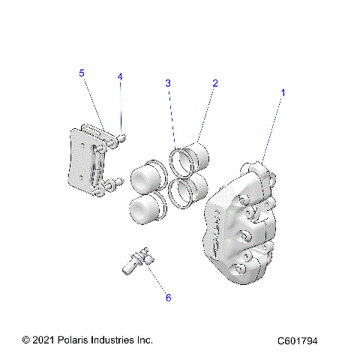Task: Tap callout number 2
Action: click(x=214, y=83)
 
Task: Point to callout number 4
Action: click(x=119, y=77)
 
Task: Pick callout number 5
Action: click(x=82, y=73)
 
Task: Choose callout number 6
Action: click(x=168, y=298)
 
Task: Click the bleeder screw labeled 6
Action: click(x=135, y=262)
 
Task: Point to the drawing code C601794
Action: click(x=297, y=341)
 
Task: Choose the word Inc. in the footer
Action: click(x=144, y=340)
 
